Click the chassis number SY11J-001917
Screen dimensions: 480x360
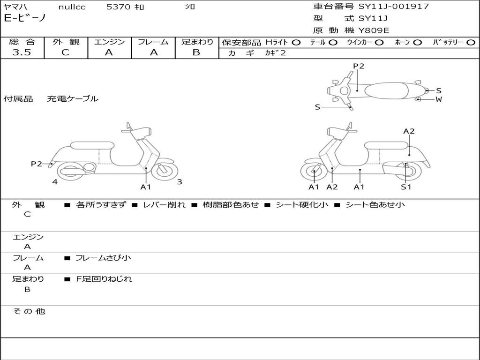pyautogui.click(x=394, y=7)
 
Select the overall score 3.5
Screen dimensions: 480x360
pyautogui.click(x=22, y=52)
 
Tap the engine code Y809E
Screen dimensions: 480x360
pyautogui.click(x=374, y=30)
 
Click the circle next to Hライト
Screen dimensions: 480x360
pyautogui.click(x=296, y=42)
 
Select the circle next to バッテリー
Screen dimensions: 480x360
pyautogui.click(x=471, y=42)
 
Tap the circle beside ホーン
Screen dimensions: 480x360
pyautogui.click(x=418, y=42)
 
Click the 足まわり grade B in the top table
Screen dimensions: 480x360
pyautogui.click(x=196, y=52)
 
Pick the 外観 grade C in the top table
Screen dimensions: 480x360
pyautogui.click(x=65, y=52)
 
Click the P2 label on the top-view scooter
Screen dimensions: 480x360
pyautogui.click(x=359, y=66)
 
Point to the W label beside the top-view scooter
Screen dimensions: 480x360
pyautogui.click(x=439, y=99)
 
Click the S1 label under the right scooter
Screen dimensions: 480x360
pyautogui.click(x=406, y=187)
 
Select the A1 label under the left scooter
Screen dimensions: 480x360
pyautogui.click(x=146, y=187)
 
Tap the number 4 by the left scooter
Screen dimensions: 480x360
pyautogui.click(x=55, y=182)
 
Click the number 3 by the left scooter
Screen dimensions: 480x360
pyautogui.click(x=180, y=182)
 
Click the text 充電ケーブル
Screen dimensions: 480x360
pyautogui.click(x=73, y=99)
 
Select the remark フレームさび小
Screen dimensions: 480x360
pyautogui.click(x=103, y=258)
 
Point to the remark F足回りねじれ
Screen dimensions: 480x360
pyautogui.click(x=104, y=279)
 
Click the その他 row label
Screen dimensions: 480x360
pyautogui.click(x=29, y=311)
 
